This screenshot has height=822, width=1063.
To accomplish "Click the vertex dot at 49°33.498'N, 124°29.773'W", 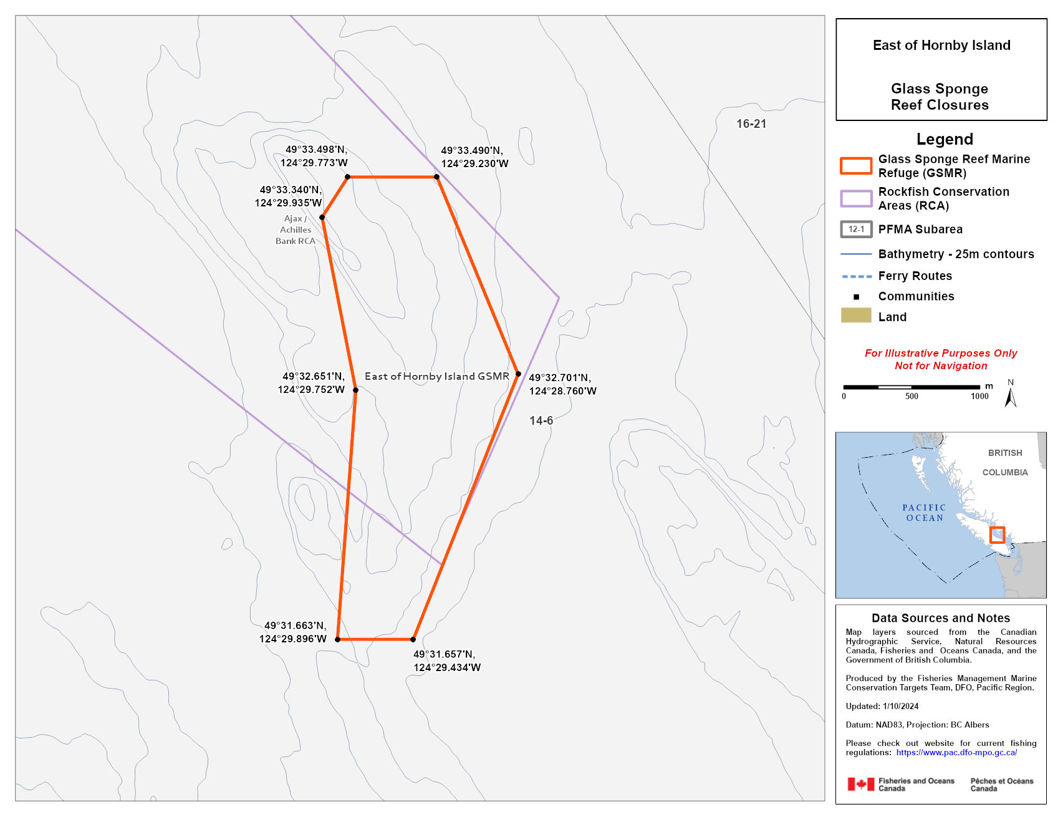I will click(x=348, y=177).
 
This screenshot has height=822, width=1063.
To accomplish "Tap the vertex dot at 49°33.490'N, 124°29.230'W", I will click(x=437, y=177).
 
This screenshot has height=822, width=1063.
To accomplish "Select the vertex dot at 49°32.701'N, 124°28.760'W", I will click(x=518, y=374).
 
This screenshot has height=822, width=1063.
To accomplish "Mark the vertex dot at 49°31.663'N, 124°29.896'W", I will click(x=338, y=639).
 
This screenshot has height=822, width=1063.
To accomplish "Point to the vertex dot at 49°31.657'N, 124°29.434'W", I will click(x=413, y=639).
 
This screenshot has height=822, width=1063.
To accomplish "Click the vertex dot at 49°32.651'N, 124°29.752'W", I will click(x=356, y=390).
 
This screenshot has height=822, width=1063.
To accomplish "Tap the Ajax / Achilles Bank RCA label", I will click(x=295, y=230).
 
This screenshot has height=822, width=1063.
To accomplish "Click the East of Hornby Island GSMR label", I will click(x=436, y=376).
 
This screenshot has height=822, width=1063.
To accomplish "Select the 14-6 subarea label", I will click(x=541, y=421).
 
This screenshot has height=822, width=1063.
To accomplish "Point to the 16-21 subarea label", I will click(x=751, y=123).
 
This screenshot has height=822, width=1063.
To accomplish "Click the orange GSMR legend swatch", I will click(x=856, y=166).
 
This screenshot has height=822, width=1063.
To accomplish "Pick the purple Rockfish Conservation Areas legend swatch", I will click(x=856, y=198).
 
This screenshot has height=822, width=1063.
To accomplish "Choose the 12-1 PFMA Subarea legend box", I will click(x=856, y=230).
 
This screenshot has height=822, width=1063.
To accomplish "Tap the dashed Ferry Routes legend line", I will click(x=856, y=276).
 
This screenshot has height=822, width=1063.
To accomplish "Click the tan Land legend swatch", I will click(x=856, y=316).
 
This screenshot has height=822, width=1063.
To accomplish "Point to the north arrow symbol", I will click(x=1011, y=395).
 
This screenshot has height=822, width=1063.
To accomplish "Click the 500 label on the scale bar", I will click(x=911, y=396).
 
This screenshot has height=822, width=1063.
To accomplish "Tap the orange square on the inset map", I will click(x=997, y=535).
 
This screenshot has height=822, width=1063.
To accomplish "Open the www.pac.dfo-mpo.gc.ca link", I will click(x=956, y=753).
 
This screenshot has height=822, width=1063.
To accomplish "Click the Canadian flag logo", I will click(x=860, y=784).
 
